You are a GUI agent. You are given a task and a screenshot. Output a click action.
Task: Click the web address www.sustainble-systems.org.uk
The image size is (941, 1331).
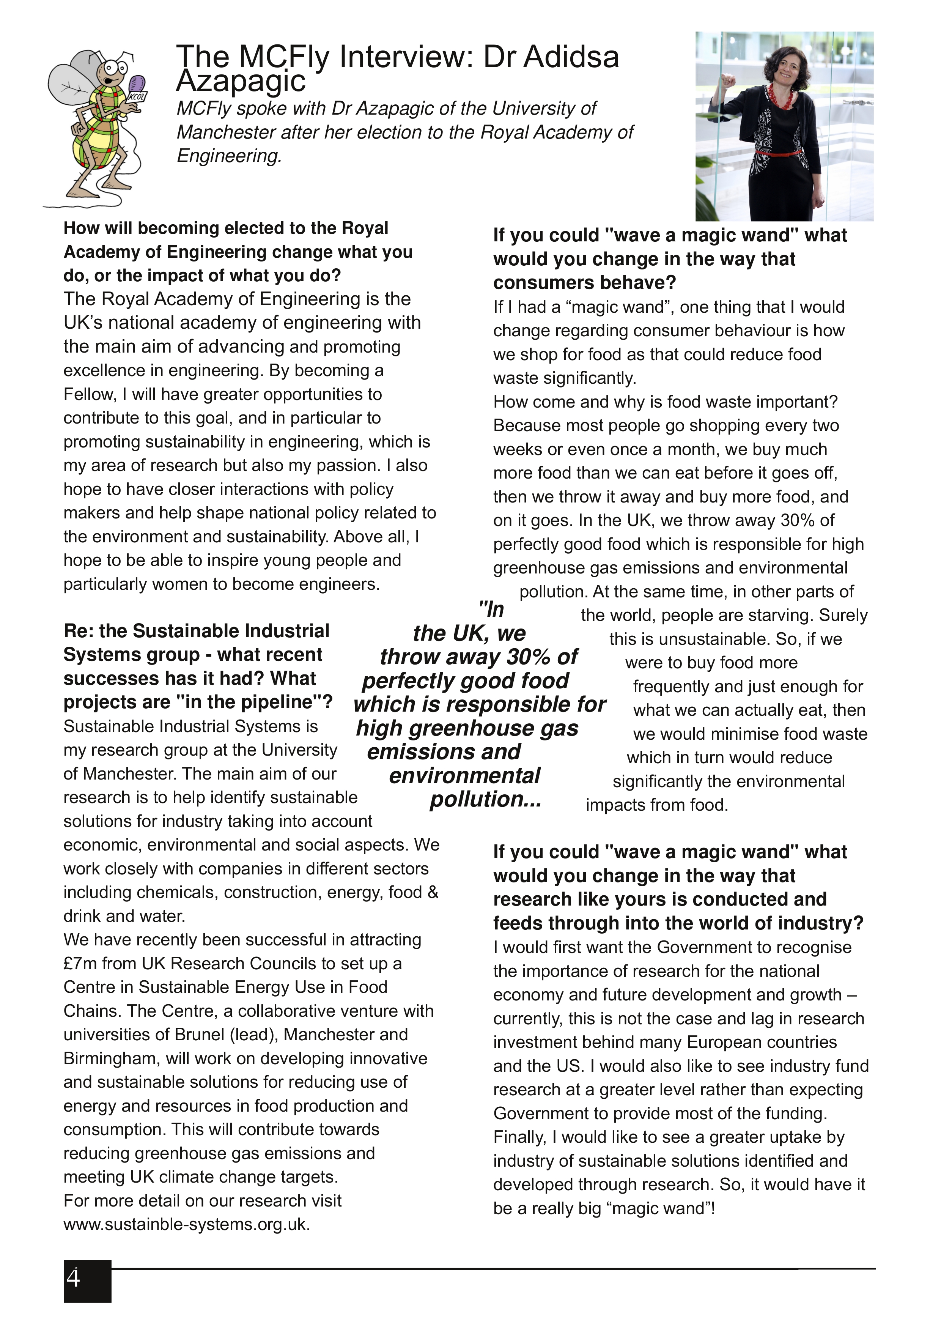coord(187,1224)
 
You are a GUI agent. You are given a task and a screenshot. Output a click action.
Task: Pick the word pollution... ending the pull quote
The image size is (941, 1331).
coord(486,799)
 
